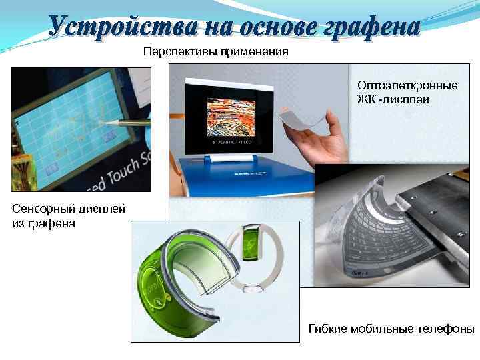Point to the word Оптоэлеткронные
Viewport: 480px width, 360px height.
[407, 86]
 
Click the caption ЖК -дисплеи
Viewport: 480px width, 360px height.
[393, 99]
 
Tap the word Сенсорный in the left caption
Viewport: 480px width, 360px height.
[41, 210]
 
